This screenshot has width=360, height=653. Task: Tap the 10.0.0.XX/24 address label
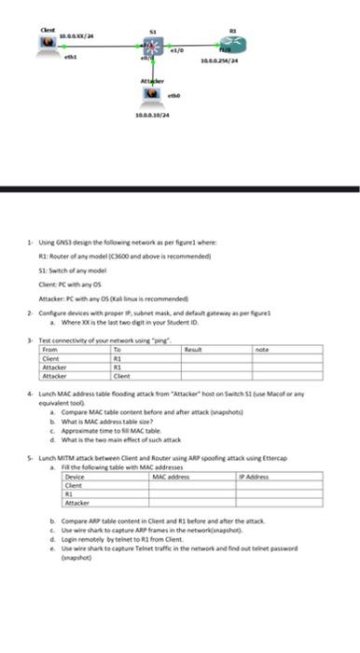(77, 35)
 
